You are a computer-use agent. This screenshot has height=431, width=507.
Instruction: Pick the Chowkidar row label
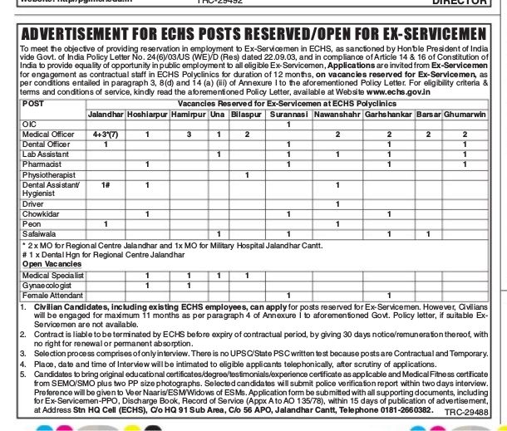coord(41,214)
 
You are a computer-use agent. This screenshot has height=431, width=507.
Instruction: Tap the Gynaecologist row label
coord(47,285)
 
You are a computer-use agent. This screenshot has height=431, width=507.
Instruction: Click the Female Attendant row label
coord(50,295)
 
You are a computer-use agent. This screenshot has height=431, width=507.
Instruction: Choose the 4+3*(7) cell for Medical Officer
coord(106,134)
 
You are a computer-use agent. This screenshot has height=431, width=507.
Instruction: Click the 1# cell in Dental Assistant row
coord(106,184)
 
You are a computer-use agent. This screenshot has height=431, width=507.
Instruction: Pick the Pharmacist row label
coord(41,164)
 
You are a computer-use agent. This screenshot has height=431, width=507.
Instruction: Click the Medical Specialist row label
coord(51,275)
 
